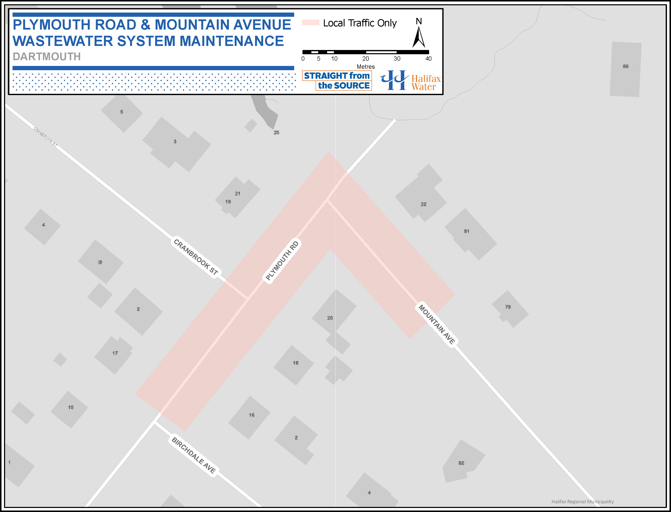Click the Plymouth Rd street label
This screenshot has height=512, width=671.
282,260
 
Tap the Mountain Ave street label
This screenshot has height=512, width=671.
437,324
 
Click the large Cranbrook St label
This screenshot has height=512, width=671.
196,257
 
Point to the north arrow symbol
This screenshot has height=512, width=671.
419,37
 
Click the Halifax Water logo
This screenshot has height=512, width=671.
410,80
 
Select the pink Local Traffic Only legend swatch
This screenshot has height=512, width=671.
311,23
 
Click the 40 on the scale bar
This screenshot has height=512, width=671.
428,58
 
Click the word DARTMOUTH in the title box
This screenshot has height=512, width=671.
47,57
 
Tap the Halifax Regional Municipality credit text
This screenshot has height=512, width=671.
582,501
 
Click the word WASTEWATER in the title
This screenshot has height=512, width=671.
63,41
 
